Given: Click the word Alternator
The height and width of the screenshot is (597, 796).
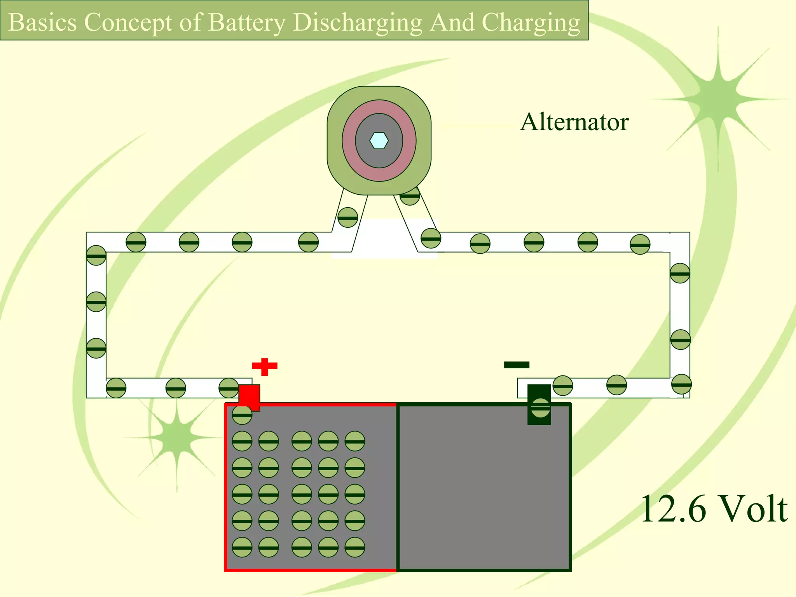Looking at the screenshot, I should point(574,122).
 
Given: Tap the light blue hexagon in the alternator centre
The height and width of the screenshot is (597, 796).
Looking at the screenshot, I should point(379,141).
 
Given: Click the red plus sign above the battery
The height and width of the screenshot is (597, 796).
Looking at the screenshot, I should point(265,366).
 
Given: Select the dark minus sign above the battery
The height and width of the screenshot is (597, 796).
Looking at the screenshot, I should point(517,365).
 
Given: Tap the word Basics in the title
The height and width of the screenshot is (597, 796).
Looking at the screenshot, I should point(43,22).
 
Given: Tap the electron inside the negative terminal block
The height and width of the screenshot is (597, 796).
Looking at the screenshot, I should point(541,408).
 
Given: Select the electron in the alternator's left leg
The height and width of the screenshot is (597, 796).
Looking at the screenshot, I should point(347,218).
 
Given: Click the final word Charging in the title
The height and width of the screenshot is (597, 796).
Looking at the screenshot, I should point(531,22).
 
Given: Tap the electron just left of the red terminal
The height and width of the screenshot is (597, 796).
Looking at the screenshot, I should point(229,388).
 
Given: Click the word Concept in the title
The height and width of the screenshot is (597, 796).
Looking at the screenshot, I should point(128,22).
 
